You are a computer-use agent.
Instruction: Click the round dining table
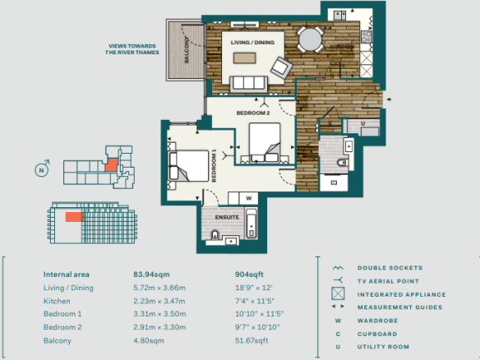coord(310,39)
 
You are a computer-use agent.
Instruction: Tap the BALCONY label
coord(186,50)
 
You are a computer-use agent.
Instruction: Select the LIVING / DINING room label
coord(252,43)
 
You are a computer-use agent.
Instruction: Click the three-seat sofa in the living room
coord(248,84)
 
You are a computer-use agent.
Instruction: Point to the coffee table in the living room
coord(244,58)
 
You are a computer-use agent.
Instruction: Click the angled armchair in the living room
coord(281,68)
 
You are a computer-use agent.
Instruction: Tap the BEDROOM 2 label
coord(253,113)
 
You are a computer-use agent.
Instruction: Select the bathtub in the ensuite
coord(252,224)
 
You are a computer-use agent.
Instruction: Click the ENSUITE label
coord(227,217)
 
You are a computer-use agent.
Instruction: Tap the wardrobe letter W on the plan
coord(248,198)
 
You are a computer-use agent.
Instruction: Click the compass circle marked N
coord(41,170)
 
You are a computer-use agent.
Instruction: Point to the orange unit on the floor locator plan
coord(112,165)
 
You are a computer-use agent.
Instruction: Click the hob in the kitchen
coord(367,37)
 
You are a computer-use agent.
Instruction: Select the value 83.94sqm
coord(151,275)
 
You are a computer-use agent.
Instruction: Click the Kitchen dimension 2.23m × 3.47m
coord(159,301)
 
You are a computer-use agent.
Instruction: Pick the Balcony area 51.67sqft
coord(252,341)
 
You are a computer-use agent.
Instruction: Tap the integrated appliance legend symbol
coord(338,293)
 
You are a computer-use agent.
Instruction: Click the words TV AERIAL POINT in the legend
coord(388,281)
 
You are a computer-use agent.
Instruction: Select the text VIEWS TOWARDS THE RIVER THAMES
coord(132,49)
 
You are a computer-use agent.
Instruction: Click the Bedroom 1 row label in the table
coord(62,314)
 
